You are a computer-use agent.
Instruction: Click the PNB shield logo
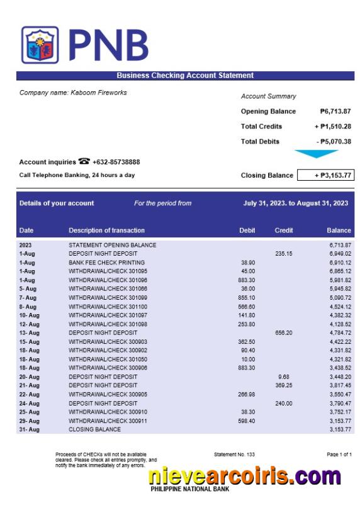pos(40,45)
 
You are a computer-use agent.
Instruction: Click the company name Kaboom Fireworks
pos(73,93)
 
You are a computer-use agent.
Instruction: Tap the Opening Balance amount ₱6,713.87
pos(335,111)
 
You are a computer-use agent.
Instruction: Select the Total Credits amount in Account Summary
pos(332,127)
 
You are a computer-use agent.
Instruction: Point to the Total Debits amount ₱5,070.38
pos(334,142)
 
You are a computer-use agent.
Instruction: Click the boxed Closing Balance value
pos(325,176)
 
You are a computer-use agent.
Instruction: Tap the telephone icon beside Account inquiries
pos(84,162)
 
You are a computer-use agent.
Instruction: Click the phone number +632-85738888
pos(116,162)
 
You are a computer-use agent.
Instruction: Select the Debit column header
pos(247,230)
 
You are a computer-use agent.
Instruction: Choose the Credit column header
pos(284,230)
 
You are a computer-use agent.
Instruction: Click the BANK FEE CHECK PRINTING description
pos(106,263)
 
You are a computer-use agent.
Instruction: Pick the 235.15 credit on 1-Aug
pos(284,254)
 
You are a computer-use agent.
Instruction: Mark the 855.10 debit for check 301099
pos(247,298)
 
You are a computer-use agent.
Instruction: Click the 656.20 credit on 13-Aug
pos(284,332)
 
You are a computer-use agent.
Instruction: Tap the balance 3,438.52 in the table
pos(340,368)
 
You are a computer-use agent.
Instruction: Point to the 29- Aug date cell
pos(29,421)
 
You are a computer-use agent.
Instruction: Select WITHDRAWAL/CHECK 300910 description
pos(108,412)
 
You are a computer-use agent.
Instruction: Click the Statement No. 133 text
pos(234,454)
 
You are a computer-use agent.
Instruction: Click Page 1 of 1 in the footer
pos(339,454)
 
